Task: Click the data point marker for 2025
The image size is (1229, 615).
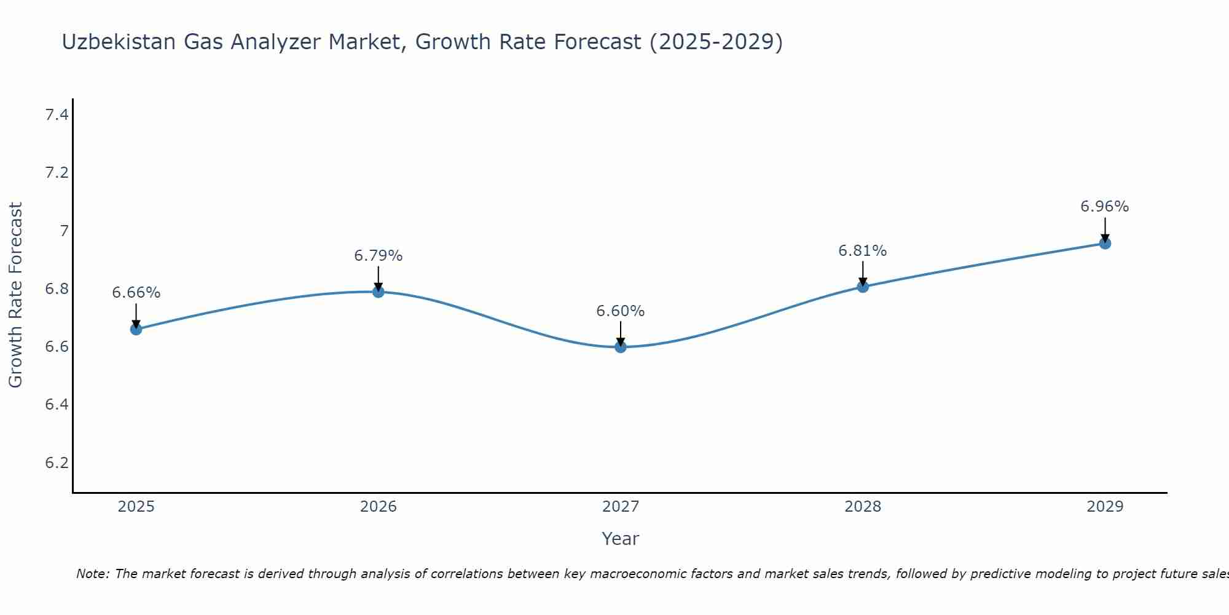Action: (136, 329)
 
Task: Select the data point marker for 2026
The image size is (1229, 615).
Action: (379, 292)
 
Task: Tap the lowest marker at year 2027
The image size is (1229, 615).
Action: (621, 347)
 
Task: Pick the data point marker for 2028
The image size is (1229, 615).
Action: (863, 287)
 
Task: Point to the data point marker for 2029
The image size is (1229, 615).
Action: (1105, 243)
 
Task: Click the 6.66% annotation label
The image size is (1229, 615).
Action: (136, 293)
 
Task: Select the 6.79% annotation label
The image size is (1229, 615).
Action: (379, 255)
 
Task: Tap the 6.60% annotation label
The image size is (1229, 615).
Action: (621, 311)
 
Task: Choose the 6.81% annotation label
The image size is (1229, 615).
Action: (863, 251)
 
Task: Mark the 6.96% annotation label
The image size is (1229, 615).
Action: (1105, 207)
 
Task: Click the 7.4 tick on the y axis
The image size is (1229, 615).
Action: (57, 114)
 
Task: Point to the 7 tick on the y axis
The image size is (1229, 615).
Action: (64, 231)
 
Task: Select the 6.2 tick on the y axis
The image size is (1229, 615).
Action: (57, 462)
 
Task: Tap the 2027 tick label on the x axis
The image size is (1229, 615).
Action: (621, 507)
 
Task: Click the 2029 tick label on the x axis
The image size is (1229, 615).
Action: (1105, 507)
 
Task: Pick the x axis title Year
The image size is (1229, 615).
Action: (621, 539)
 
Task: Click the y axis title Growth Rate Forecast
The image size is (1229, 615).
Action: (15, 295)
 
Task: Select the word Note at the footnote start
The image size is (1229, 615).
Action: (92, 574)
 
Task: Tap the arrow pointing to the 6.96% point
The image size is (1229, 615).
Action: (1105, 229)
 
